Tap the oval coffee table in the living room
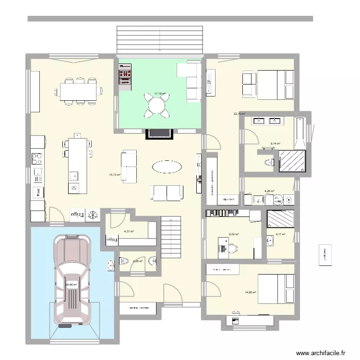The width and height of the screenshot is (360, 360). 167,167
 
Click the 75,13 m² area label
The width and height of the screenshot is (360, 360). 115,175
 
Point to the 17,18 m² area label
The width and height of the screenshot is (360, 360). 160,94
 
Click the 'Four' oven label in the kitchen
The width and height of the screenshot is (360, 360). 36,193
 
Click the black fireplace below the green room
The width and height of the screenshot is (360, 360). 159,133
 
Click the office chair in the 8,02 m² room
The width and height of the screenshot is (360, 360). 232,248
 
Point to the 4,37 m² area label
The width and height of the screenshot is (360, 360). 129,231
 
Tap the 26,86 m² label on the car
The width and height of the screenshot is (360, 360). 71,284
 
